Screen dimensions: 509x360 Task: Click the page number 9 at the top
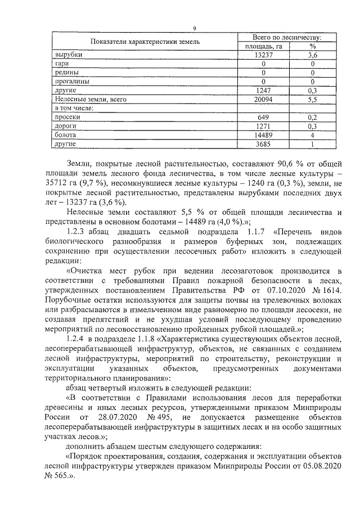[x=194, y=29]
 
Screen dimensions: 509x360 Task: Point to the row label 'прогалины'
[x=71, y=82]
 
